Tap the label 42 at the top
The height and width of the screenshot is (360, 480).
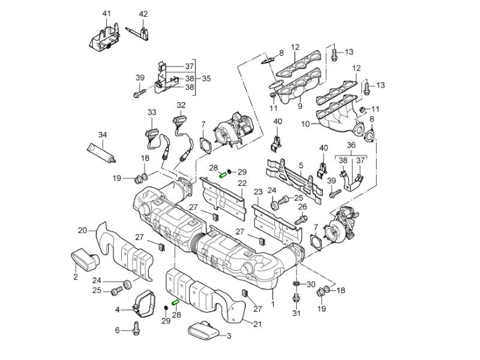[x=143, y=13]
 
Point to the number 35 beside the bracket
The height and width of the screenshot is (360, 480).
[x=206, y=78]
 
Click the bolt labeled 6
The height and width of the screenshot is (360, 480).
[x=137, y=329]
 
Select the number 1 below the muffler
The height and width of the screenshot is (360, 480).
[x=273, y=304]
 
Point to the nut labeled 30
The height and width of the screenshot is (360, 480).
[x=296, y=284]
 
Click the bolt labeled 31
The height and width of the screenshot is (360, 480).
[x=296, y=298]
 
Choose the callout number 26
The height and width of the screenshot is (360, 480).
[x=302, y=208]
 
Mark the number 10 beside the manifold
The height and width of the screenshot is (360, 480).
[x=306, y=124]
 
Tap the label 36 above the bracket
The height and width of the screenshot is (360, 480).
[x=351, y=145]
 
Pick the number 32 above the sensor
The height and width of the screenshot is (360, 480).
[x=181, y=105]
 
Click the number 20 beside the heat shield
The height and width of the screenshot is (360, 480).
[x=83, y=230]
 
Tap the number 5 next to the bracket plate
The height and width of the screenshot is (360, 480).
[x=301, y=164]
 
